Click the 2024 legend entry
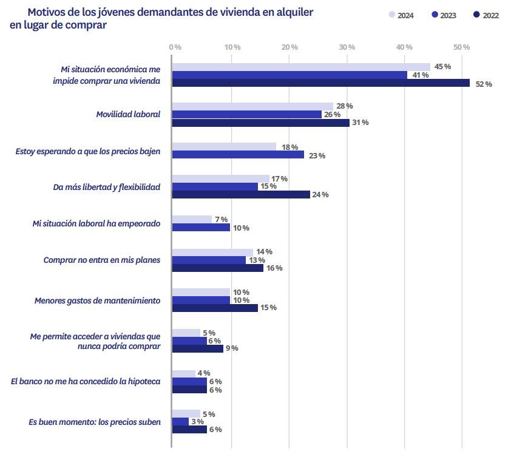(401, 16)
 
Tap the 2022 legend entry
(486, 16)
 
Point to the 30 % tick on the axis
(347, 47)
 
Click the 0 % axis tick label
(175, 47)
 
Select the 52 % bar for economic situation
(320, 83)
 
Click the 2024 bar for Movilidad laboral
(252, 106)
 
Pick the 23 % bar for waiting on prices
(238, 155)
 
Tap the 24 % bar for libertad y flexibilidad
(241, 194)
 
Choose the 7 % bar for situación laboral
(192, 219)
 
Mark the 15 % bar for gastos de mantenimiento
(215, 308)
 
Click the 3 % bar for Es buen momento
(180, 421)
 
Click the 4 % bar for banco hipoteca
(184, 373)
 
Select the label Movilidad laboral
(128, 114)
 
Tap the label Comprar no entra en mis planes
(102, 260)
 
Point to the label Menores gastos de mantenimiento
(97, 300)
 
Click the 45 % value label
(442, 67)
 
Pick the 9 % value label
(232, 348)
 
